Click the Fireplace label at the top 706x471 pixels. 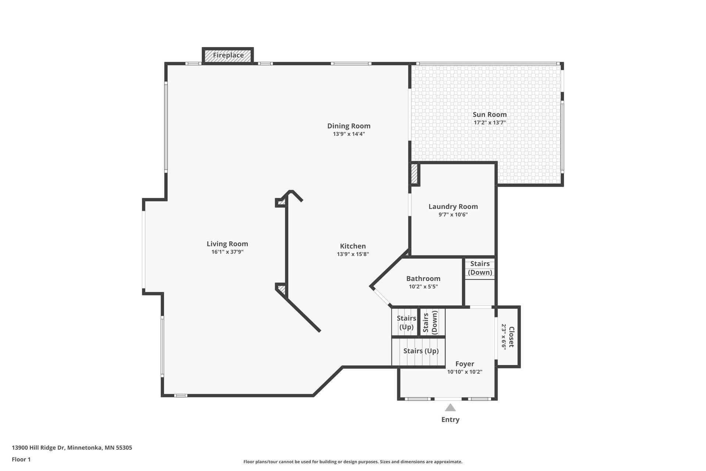[228, 55]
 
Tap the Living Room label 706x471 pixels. [227, 244]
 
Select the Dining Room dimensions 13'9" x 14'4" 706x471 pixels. [349, 134]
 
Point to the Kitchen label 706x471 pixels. [353, 246]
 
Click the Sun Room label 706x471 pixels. [489, 114]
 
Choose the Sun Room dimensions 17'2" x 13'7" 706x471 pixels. [490, 123]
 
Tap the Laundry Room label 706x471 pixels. [453, 207]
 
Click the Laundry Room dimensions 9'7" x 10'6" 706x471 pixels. [453, 215]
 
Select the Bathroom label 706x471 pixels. [423, 279]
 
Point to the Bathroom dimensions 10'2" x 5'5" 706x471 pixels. [423, 287]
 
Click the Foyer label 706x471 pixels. [465, 364]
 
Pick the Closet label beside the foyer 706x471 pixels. [511, 337]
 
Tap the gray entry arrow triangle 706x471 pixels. [450, 408]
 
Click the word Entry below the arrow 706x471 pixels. [450, 419]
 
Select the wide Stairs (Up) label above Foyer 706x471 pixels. [421, 351]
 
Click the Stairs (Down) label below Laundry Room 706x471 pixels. [480, 268]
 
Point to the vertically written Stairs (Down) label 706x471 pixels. [430, 322]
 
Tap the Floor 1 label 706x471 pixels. [21, 459]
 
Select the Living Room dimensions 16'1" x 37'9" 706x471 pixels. [227, 252]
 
